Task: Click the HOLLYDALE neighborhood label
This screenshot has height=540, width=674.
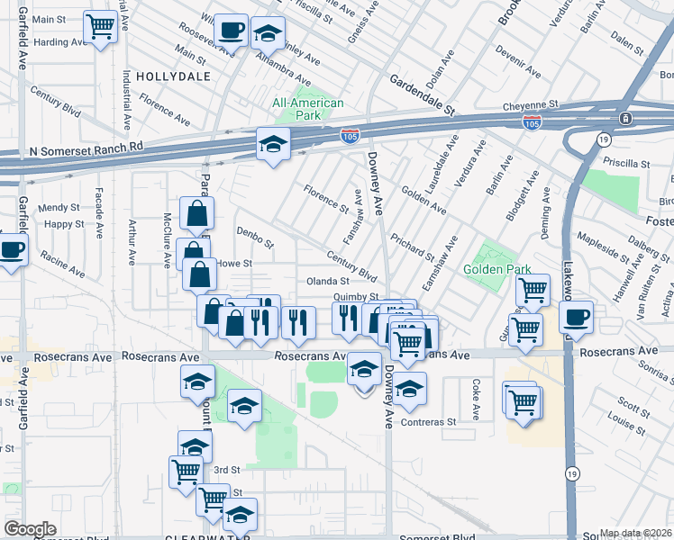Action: (x=175, y=76)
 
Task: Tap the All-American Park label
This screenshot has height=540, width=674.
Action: (x=308, y=110)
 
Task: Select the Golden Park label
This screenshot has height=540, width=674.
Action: (x=496, y=269)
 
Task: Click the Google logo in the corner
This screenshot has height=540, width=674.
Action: (x=30, y=529)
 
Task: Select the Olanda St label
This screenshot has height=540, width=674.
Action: (x=327, y=281)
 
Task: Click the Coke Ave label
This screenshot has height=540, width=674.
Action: (x=475, y=391)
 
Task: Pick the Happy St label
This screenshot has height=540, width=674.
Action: (x=63, y=224)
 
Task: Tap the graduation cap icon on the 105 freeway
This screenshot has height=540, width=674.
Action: (x=272, y=144)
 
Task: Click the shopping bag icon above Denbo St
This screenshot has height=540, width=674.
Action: (x=196, y=214)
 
